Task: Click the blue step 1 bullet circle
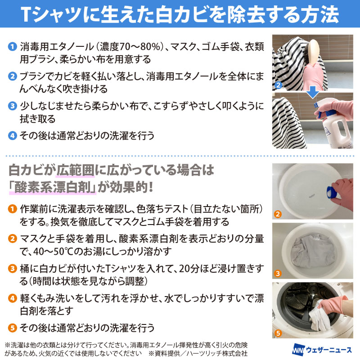point(13,47)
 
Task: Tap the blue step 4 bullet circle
point(13,135)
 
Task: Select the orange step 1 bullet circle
point(13,209)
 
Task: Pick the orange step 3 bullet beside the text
point(13,268)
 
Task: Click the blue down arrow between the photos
point(313,92)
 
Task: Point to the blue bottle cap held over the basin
point(332,192)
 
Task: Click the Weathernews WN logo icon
point(298,350)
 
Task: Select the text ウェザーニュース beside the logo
point(329,350)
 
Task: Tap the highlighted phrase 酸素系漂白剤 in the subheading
point(53,188)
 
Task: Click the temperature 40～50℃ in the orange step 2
point(53,252)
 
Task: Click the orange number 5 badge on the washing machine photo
point(278,333)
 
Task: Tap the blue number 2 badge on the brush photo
point(278,85)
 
